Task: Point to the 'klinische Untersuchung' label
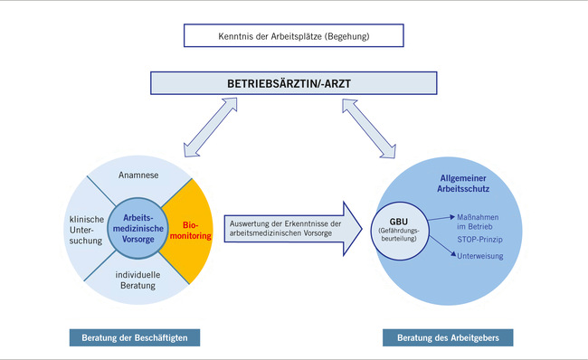pyautogui.click(x=87, y=231)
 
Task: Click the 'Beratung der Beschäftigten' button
pyautogui.click(x=134, y=337)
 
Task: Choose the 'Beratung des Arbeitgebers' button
pyautogui.click(x=451, y=337)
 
